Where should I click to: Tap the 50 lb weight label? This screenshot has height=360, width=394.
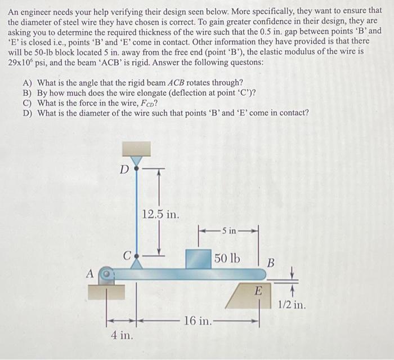coord(227,259)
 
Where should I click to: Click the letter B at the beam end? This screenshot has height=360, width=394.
coord(271,263)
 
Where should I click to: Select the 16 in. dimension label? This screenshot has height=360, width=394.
coord(198,322)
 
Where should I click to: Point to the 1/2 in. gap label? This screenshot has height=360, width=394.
coord(292,306)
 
